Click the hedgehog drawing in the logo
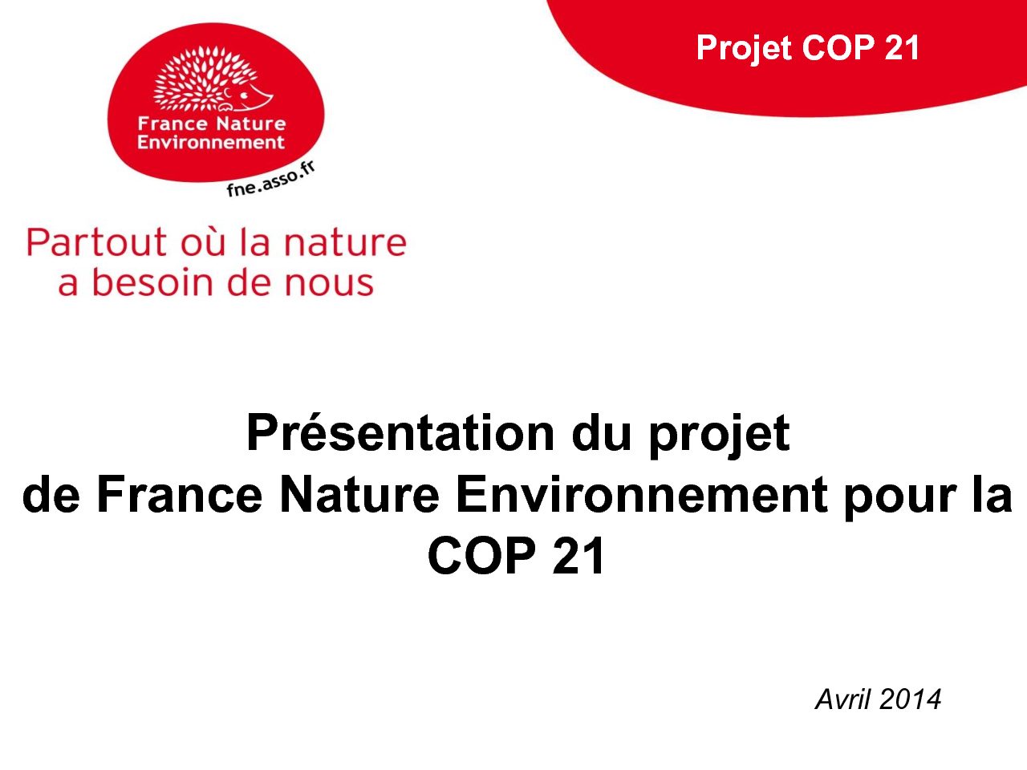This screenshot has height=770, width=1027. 213,79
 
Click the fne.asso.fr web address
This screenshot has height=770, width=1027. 270,179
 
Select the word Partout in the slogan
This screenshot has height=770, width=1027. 96,242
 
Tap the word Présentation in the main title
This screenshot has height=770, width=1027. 400,433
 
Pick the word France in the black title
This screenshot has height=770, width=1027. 180,494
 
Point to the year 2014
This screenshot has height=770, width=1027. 911,700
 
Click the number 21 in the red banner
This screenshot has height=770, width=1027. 902,47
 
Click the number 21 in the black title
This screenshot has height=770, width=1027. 578,555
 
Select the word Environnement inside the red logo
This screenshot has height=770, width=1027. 211,142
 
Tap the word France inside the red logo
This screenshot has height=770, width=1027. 173,124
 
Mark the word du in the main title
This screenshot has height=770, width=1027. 601,433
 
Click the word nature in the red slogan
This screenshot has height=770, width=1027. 345,244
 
